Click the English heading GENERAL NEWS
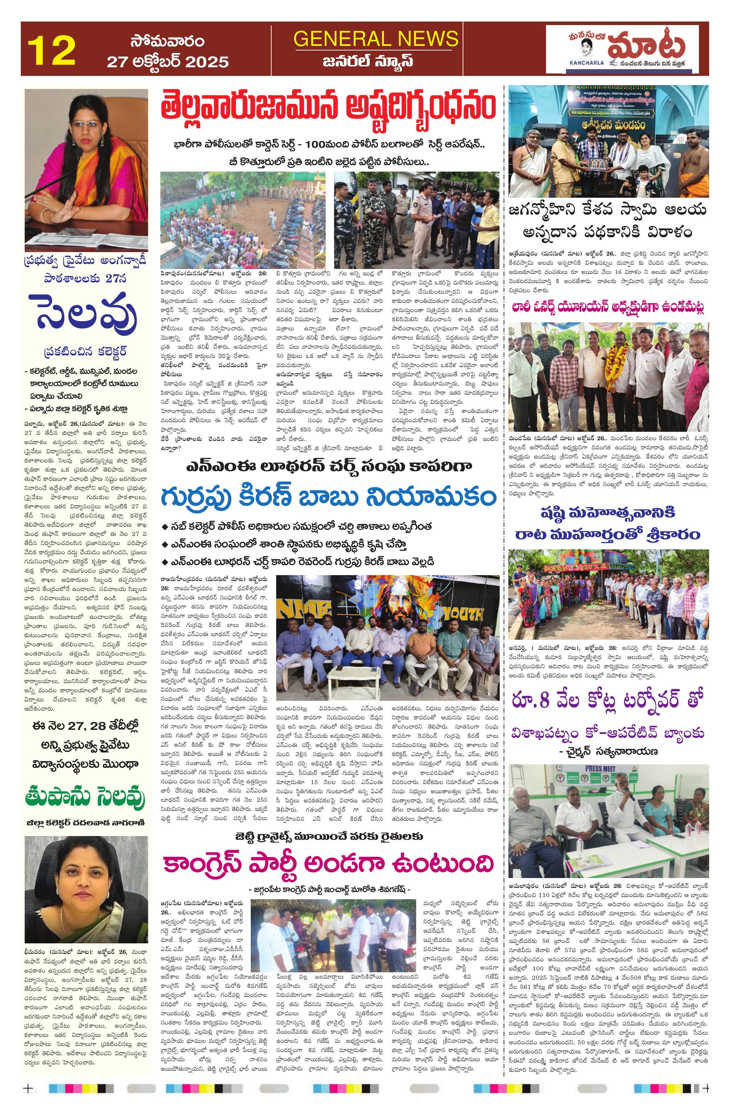coord(375,38)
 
